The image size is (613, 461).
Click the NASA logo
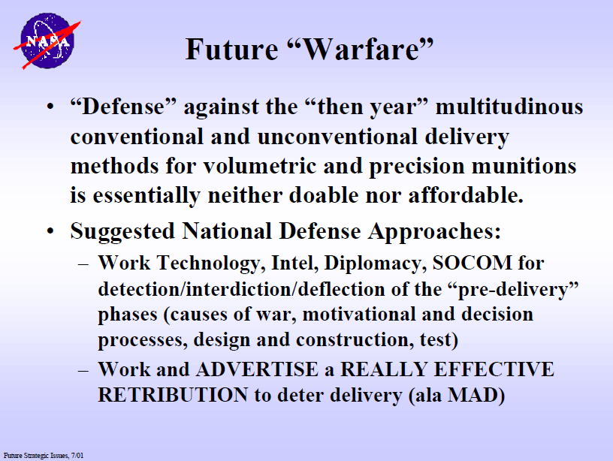pyautogui.click(x=47, y=41)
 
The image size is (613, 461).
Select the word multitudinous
pyautogui.click(x=509, y=107)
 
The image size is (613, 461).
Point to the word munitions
pyautogui.click(x=524, y=166)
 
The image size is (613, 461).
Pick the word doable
pyautogui.click(x=324, y=195)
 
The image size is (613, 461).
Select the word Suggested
pyautogui.click(x=122, y=232)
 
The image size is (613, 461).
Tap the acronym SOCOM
pyautogui.click(x=473, y=263)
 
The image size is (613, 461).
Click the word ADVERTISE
pyautogui.click(x=257, y=369)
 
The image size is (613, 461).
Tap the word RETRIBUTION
pyautogui.click(x=173, y=395)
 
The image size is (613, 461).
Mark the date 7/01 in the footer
pyautogui.click(x=77, y=456)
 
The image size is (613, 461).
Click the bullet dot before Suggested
pyautogui.click(x=50, y=231)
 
